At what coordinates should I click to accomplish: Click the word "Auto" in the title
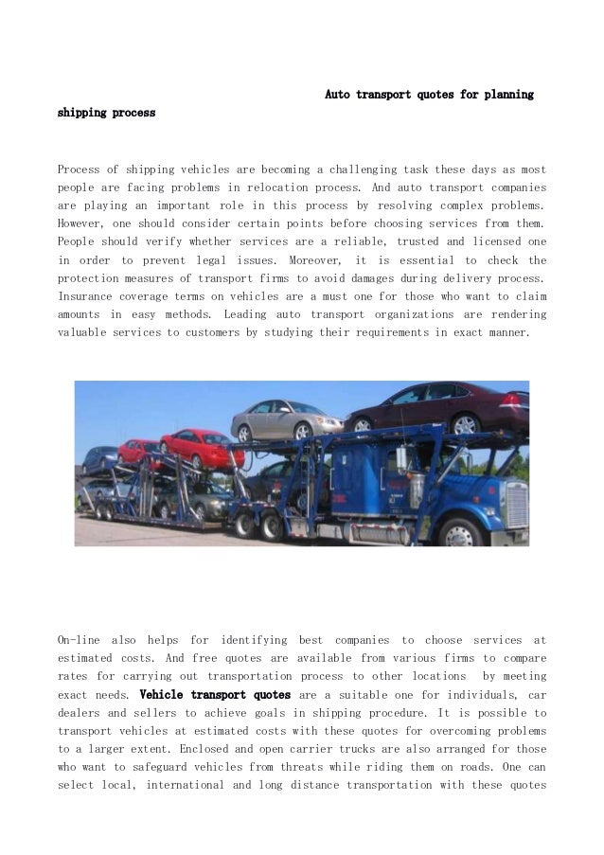pos(339,96)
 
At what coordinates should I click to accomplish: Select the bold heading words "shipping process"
pos(106,114)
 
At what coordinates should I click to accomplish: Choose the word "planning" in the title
pos(507,96)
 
